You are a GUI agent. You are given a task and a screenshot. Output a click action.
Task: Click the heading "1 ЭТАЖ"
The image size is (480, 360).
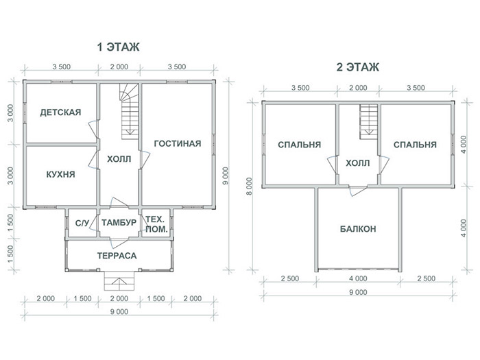tap(118, 47)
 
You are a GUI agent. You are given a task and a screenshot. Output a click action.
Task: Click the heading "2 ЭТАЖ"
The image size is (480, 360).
tap(357, 67)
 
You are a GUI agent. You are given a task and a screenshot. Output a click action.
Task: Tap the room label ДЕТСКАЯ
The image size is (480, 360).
tap(60, 112)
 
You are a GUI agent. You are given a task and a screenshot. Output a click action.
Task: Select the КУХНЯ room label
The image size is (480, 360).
tap(60, 174)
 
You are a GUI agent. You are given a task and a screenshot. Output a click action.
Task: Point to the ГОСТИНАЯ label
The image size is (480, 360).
tap(178, 143)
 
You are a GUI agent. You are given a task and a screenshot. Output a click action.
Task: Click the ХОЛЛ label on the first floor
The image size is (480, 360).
tap(119, 159)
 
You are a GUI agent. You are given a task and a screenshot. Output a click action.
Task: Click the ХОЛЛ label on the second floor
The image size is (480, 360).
tap(357, 163)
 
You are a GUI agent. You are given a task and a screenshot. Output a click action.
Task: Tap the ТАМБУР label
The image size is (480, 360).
tap(119, 223)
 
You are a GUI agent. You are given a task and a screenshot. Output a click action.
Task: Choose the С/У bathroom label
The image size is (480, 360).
tap(82, 223)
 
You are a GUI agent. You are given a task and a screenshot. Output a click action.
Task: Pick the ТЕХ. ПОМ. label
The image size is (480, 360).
tap(156, 224)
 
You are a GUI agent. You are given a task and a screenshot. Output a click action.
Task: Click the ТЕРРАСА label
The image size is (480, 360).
tap(117, 256)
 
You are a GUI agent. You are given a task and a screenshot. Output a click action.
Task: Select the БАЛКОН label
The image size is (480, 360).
tap(358, 229)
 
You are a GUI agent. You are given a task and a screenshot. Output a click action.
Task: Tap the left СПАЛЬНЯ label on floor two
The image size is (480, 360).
tap(300, 145)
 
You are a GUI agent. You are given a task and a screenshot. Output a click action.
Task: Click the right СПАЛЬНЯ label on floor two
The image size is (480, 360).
tap(415, 145)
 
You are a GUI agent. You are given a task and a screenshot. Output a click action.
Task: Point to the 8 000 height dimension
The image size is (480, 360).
tap(250, 186)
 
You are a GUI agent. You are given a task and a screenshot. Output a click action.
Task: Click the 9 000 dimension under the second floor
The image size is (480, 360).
tap(358, 292)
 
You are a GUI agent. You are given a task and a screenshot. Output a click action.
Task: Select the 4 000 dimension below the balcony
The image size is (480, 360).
tap(358, 278)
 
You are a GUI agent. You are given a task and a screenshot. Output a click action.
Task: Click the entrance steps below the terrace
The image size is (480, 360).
tap(119, 281)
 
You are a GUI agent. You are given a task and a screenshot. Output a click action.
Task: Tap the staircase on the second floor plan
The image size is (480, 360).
tap(369, 121)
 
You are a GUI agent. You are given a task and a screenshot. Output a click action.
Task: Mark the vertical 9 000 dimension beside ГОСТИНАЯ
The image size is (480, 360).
tap(226, 176)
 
